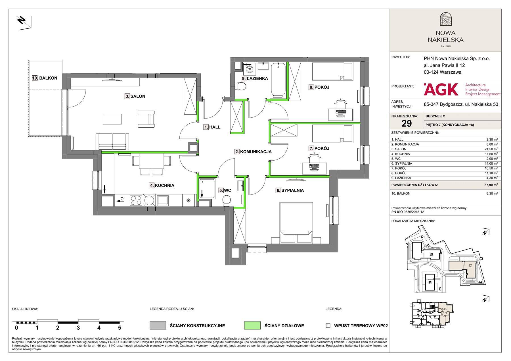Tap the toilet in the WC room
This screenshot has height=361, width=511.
[227, 201]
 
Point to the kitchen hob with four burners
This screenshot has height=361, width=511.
[136, 200]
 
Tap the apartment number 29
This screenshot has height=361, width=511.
[407, 123]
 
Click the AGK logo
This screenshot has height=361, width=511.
[441, 90]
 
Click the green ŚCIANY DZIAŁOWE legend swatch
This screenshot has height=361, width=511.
[252, 325]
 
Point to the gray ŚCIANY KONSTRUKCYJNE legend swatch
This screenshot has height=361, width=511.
[158, 325]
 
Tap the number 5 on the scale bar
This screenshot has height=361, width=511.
[120, 328]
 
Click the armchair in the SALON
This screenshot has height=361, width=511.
[146, 119]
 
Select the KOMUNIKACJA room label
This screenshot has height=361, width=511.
[253, 152]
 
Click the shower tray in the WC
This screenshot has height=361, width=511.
[208, 189]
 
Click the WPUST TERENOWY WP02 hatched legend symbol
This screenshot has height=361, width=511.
[328, 326]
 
